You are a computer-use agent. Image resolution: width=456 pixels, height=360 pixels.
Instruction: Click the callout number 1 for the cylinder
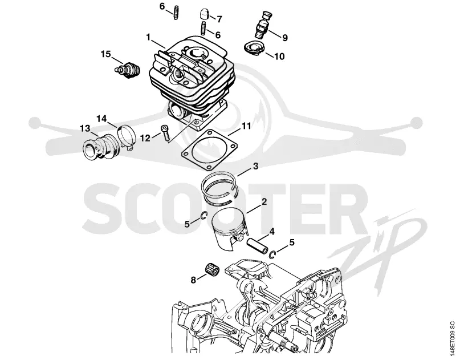148,37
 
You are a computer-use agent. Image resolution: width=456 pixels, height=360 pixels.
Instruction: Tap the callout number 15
106,54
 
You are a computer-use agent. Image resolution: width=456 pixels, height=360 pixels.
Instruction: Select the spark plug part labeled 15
127,70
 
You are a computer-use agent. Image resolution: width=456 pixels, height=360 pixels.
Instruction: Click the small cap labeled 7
203,14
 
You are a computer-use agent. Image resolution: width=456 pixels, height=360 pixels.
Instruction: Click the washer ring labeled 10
254,48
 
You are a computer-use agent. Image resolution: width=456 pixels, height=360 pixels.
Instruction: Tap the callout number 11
246,126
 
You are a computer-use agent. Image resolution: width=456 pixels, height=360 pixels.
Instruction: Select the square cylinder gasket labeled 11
209,149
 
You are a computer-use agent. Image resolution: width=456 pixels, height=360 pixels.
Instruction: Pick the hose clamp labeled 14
127,136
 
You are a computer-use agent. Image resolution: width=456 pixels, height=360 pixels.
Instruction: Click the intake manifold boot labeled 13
99,147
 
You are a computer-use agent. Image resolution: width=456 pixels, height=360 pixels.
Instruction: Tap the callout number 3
255,166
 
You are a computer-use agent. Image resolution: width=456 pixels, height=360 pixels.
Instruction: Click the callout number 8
193,280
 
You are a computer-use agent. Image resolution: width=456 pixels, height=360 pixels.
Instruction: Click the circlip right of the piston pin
272,254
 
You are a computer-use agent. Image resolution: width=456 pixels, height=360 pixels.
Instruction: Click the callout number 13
85,128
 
